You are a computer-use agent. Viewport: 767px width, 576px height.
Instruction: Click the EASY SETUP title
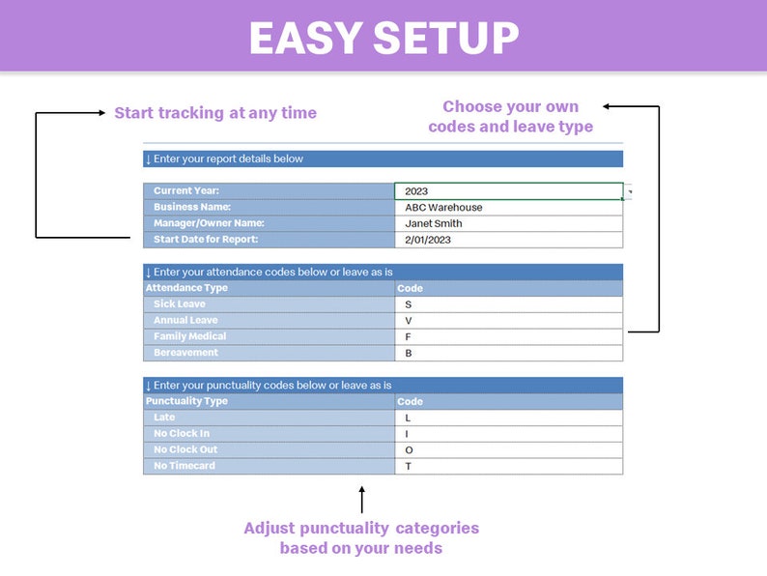pos(383,39)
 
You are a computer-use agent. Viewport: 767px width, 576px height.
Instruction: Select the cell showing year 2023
pos(508,191)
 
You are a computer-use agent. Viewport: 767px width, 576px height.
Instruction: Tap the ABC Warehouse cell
pos(508,208)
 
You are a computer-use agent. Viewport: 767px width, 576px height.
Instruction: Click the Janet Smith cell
pos(508,223)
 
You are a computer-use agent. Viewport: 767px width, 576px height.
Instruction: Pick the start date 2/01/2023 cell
pos(508,240)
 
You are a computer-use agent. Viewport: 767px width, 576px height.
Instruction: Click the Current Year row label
pos(269,191)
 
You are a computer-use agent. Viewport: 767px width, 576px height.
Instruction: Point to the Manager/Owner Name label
pos(269,223)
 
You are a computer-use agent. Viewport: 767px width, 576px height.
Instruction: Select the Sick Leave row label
pos(269,304)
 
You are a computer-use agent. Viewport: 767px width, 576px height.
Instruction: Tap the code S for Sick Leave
pos(508,304)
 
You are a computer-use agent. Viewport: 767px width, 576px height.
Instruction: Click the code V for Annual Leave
pos(508,320)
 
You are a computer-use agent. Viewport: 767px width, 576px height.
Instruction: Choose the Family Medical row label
pos(269,336)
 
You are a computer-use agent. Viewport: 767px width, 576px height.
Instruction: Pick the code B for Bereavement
pos(508,353)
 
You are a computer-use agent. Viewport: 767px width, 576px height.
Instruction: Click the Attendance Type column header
pos(269,288)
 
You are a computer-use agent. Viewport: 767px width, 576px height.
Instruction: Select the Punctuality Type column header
pos(269,401)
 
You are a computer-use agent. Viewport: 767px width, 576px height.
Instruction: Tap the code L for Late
pos(508,418)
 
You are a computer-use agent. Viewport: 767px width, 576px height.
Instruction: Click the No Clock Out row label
pos(269,450)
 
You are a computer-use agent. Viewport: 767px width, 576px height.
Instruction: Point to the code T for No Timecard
pos(508,467)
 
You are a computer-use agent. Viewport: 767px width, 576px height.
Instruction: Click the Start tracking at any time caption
pos(215,113)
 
